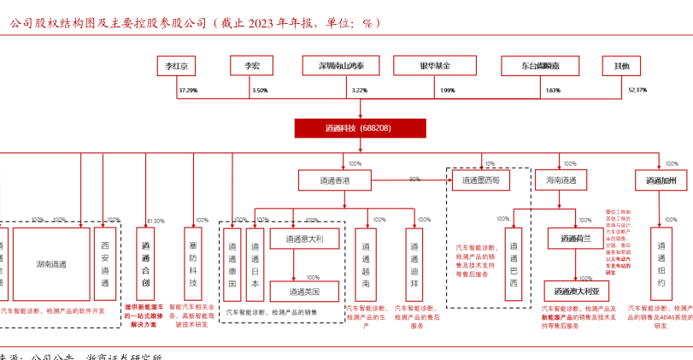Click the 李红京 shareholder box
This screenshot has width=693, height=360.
click(x=176, y=66)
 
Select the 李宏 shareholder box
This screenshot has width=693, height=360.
click(x=251, y=66)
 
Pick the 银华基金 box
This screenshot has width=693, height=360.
click(x=434, y=66)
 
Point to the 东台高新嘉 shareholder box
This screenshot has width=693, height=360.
click(x=541, y=66)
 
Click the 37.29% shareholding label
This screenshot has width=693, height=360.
click(x=188, y=90)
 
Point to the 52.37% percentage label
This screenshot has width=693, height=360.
click(x=637, y=90)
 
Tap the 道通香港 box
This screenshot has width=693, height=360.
click(x=335, y=180)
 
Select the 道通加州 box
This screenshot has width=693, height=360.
click(x=661, y=180)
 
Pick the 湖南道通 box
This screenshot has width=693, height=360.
click(x=51, y=263)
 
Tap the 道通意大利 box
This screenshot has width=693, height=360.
click(x=306, y=239)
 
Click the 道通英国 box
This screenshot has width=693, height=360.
click(x=306, y=291)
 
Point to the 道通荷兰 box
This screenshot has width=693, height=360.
click(x=576, y=239)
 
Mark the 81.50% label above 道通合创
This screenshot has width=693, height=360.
click(x=156, y=221)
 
